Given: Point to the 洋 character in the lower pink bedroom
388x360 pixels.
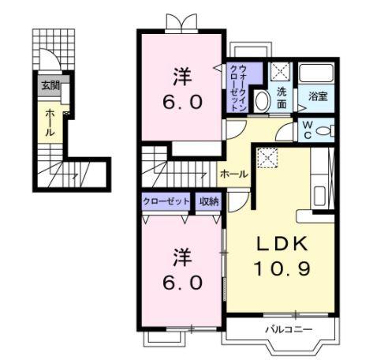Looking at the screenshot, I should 182,257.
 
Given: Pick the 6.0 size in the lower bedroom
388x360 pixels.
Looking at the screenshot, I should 183,281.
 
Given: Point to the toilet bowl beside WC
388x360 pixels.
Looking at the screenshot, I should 325,130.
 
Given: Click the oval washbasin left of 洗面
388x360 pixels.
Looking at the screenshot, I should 263,99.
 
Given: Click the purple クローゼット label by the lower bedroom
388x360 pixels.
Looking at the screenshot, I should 166,201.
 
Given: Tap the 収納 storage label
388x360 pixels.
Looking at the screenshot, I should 209,201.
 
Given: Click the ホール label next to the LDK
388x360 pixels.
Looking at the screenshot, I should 234,174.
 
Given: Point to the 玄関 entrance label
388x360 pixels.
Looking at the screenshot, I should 49,85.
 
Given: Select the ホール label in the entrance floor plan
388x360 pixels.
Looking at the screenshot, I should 50,122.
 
